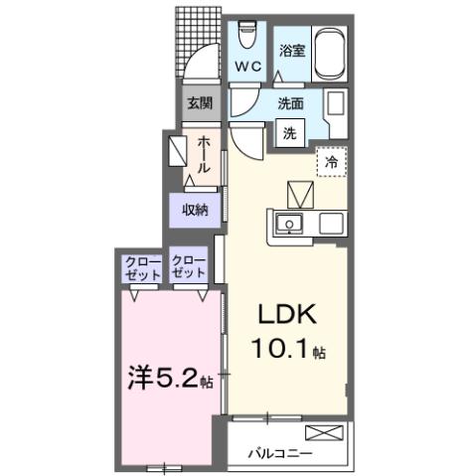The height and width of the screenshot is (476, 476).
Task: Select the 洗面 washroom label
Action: tap(290, 103)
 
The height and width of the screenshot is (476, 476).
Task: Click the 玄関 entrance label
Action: tap(194, 102)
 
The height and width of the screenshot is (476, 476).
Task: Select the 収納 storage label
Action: tap(194, 209)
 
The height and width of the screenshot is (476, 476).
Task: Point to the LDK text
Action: tap(287, 316)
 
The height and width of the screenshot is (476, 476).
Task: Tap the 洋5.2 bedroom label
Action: tap(161, 379)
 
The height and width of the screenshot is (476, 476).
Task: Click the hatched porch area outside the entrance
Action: tap(197, 40)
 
